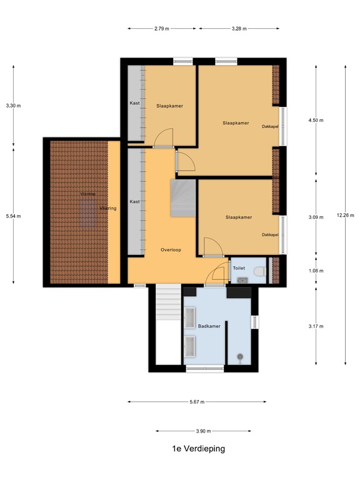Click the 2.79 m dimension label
click(x=161, y=28)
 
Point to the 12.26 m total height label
click(x=345, y=216)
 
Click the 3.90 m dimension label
click(x=203, y=431)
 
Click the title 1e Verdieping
click(x=198, y=448)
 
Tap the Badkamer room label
click(x=207, y=326)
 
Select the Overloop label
click(x=171, y=249)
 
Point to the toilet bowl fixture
click(x=261, y=271)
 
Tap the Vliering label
click(x=108, y=208)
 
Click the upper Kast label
click(x=134, y=103)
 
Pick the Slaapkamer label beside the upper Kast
click(x=169, y=106)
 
